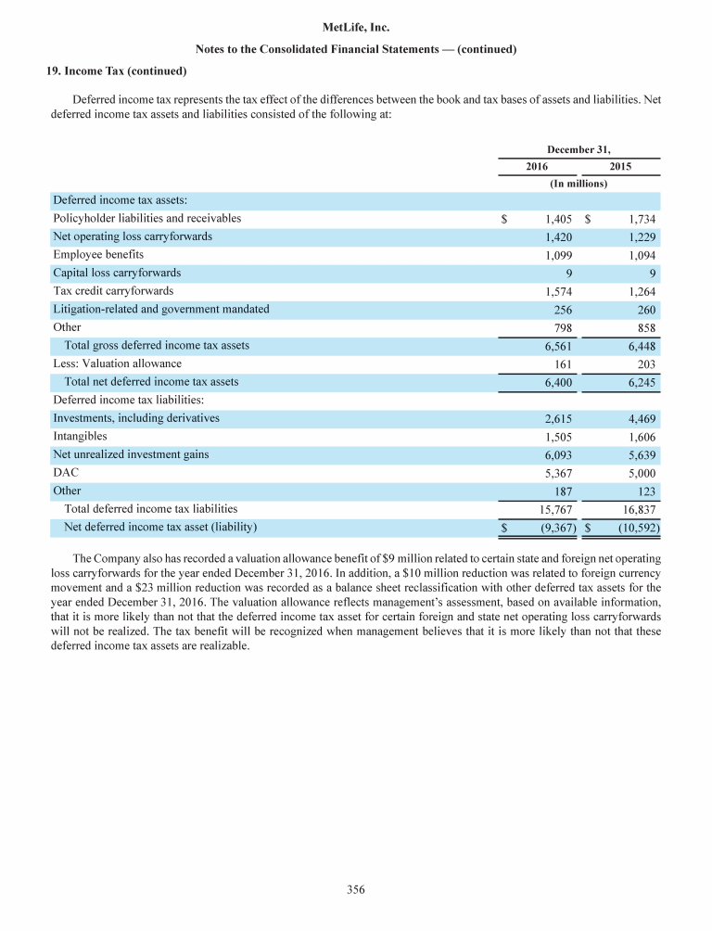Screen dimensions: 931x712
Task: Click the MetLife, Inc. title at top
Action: coord(356,30)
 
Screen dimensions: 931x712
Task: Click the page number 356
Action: coord(356,890)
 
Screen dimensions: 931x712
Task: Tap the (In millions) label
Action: coord(578,184)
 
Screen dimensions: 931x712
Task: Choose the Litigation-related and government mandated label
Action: coord(161,310)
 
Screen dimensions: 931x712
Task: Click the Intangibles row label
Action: coord(80,436)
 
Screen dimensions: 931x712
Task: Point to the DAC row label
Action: coord(66,473)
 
